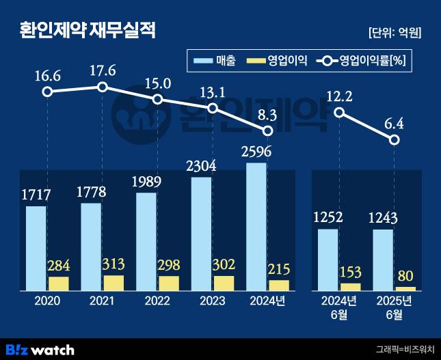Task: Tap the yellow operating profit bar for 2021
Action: pyautogui.click(x=113, y=283)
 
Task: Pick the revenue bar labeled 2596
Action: pyautogui.click(x=256, y=226)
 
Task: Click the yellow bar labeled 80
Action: pyautogui.click(x=405, y=289)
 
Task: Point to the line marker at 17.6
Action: pyautogui.click(x=103, y=87)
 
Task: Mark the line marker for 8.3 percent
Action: pyautogui.click(x=268, y=130)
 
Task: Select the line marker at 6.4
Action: pyautogui.click(x=395, y=139)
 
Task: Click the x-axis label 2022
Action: pyautogui.click(x=157, y=301)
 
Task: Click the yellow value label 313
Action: pyautogui.click(x=113, y=264)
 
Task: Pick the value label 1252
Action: pyautogui.click(x=328, y=217)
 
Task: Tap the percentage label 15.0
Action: pyautogui.click(x=158, y=83)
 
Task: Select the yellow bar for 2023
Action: pyautogui.click(x=224, y=283)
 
